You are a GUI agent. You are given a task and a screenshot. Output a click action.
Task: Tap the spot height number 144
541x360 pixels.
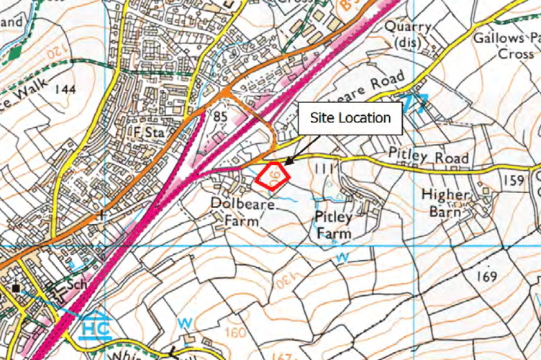(x=64, y=89)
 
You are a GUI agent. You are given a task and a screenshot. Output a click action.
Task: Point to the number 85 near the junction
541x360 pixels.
(x=220, y=114)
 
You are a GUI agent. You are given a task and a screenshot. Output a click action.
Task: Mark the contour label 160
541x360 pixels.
(x=235, y=332)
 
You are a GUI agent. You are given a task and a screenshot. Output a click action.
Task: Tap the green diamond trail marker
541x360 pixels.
(x=15, y=52)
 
